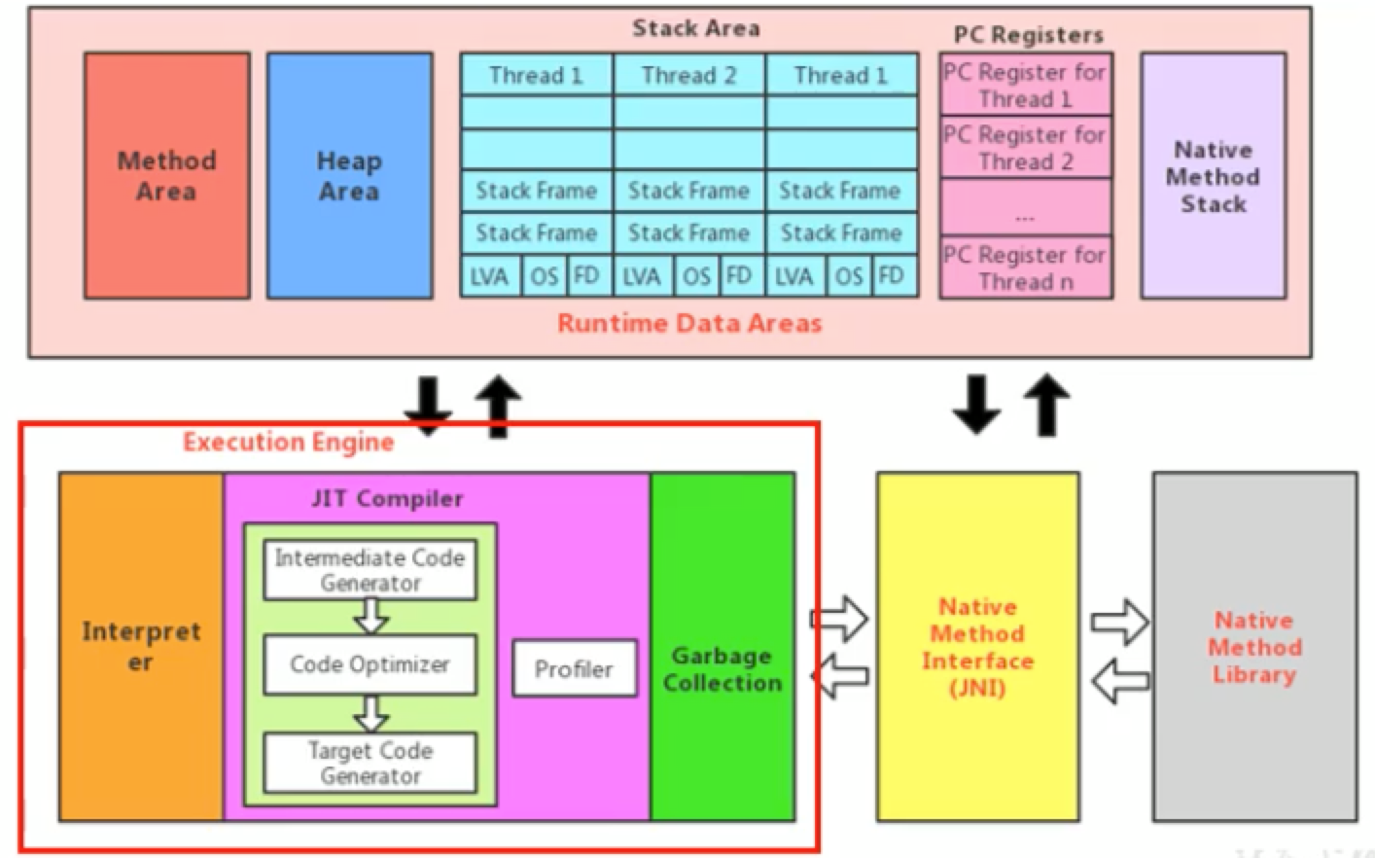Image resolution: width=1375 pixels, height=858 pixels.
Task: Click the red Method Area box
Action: [166, 176]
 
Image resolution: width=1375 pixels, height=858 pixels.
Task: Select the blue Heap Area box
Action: [349, 176]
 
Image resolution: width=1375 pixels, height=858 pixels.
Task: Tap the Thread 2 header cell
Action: [689, 75]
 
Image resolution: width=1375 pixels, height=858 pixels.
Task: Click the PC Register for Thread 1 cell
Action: [1025, 86]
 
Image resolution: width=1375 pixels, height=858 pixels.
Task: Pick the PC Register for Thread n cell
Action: [1025, 268]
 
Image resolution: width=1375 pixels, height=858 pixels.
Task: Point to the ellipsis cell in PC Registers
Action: [1025, 207]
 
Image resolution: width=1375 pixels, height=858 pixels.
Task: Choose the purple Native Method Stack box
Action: [1213, 176]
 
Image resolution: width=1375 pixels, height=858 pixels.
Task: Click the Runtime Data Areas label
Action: [689, 323]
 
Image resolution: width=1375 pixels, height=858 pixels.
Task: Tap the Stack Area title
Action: [695, 28]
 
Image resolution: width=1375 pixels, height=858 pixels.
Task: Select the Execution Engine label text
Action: [288, 443]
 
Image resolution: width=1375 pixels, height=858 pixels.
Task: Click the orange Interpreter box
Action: [141, 647]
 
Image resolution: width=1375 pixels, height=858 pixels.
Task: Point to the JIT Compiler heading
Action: [387, 499]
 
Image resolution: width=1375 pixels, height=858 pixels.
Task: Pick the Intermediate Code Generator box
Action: [370, 570]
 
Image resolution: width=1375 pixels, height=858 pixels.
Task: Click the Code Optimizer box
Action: [370, 664]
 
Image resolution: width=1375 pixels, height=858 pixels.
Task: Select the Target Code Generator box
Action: [370, 763]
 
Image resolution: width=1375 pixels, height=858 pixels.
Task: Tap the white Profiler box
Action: [574, 668]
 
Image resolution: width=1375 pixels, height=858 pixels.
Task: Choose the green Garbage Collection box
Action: [723, 668]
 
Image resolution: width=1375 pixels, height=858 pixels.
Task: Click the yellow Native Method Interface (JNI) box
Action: [977, 647]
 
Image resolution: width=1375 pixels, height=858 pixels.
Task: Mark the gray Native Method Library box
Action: [1254, 647]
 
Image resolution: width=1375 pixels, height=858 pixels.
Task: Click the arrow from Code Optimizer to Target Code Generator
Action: [370, 713]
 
